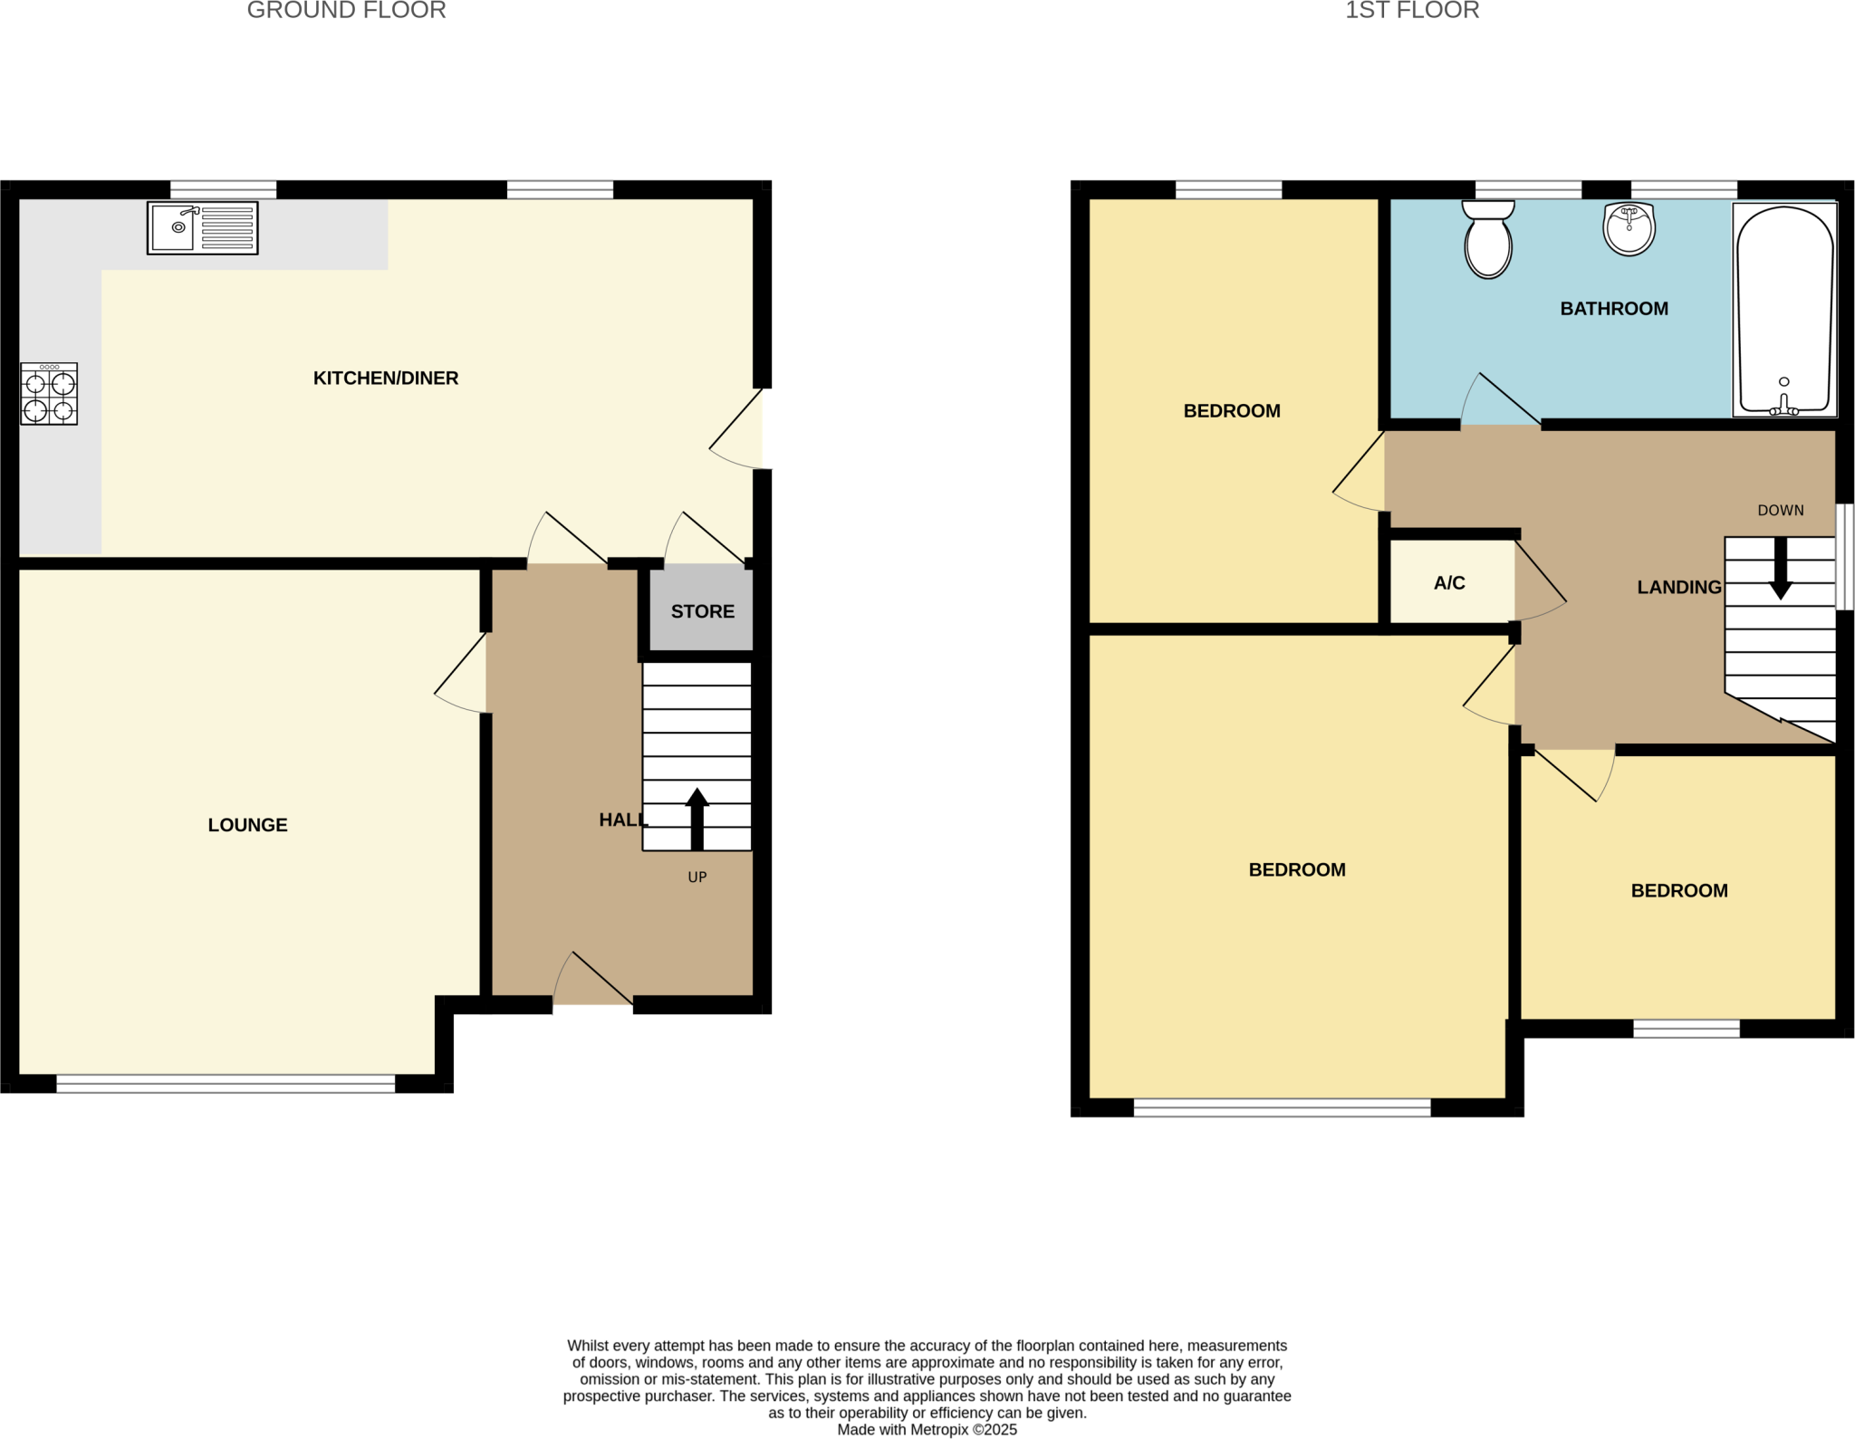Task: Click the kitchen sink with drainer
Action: (x=202, y=227)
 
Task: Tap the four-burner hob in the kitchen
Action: (x=49, y=394)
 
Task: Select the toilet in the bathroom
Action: (x=1488, y=240)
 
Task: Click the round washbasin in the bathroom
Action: (x=1629, y=228)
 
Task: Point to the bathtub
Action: (x=1784, y=310)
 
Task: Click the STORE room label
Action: (x=702, y=611)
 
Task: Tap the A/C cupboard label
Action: (x=1448, y=583)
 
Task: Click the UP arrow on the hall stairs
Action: (x=697, y=820)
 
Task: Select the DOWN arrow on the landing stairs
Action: (x=1780, y=569)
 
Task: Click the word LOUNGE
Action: (x=247, y=825)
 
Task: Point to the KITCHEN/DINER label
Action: (x=386, y=379)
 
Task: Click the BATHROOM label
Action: (x=1613, y=309)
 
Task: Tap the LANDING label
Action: (x=1678, y=588)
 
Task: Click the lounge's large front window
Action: (x=226, y=1083)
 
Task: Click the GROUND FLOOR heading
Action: (x=346, y=11)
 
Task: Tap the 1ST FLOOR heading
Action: (x=1411, y=11)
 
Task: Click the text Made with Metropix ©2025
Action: (x=927, y=1429)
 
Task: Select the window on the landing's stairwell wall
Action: (x=1844, y=557)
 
